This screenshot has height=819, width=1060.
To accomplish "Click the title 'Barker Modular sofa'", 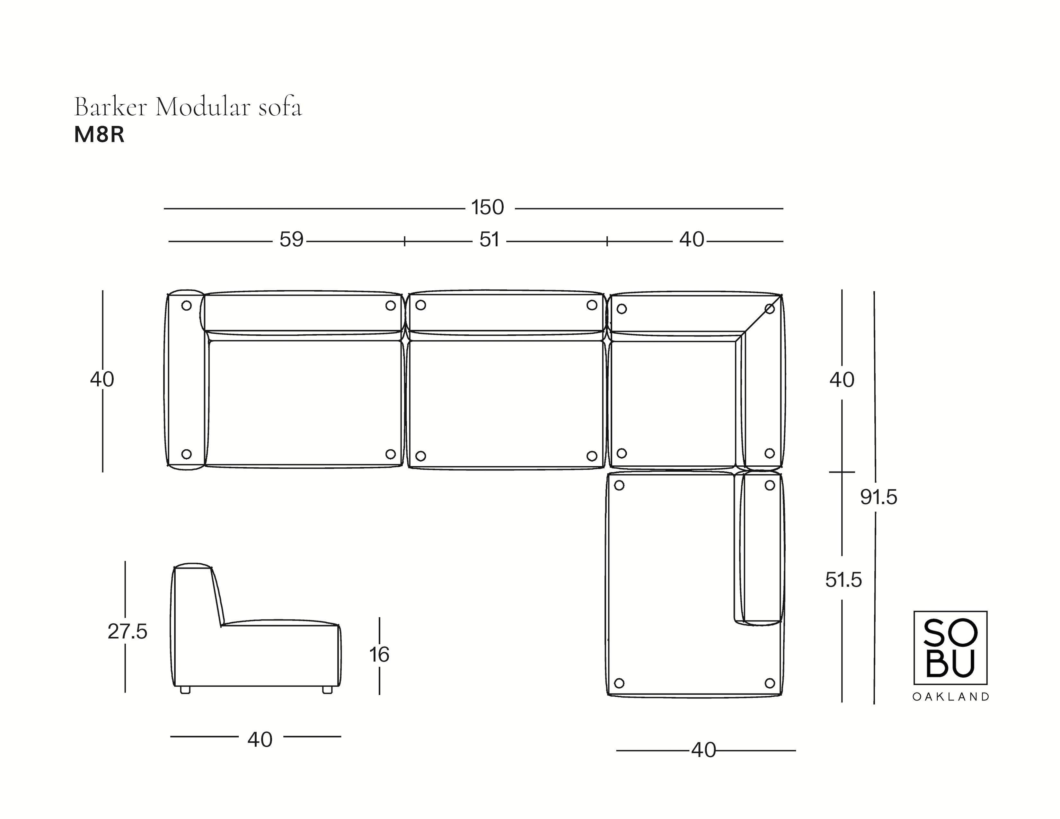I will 188,107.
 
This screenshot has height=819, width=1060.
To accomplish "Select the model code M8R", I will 100,135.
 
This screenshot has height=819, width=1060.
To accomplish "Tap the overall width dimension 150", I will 488,208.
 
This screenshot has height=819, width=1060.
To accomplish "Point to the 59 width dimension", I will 291,240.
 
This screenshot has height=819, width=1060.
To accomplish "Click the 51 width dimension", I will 489,240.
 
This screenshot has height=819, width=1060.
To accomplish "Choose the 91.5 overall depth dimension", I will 879,497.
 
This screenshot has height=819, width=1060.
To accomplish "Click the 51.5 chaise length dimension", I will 844,580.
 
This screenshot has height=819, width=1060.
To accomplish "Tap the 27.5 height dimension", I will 127,632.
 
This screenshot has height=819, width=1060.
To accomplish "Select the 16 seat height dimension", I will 379,655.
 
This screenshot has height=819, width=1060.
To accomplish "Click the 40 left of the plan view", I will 102,379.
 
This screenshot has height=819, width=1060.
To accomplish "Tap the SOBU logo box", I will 950,647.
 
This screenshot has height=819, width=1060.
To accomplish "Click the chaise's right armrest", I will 761,548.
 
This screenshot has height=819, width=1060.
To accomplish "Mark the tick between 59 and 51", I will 404,241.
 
